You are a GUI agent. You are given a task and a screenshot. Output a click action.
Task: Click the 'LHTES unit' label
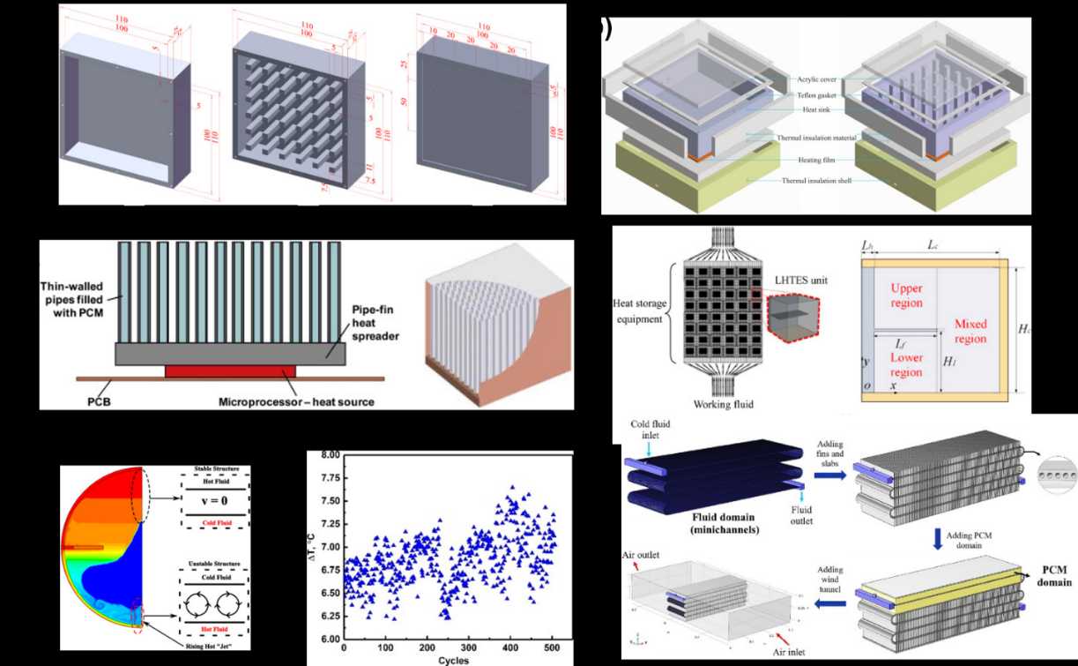(x=795, y=280)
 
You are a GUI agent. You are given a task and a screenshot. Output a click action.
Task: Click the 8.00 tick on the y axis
(x=328, y=455)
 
